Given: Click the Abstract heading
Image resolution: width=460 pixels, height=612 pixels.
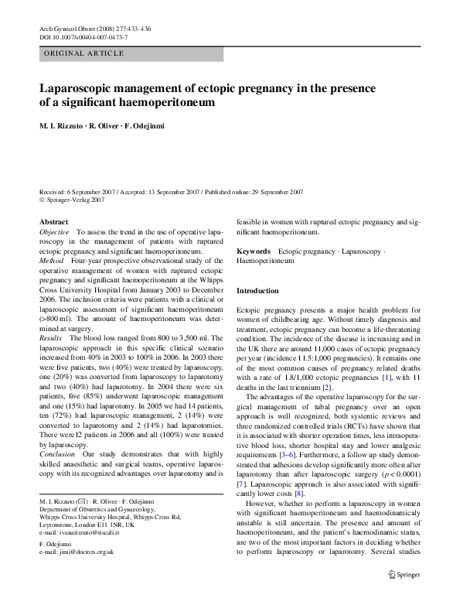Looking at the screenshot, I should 53,222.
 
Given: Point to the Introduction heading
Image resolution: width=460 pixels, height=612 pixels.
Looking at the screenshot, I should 257,290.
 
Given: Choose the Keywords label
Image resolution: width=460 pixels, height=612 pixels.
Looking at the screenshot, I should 253,251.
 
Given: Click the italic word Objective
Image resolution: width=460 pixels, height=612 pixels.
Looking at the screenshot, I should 54,232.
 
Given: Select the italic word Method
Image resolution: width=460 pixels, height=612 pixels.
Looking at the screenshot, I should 51,262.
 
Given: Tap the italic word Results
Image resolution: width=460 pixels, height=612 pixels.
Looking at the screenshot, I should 52,339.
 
